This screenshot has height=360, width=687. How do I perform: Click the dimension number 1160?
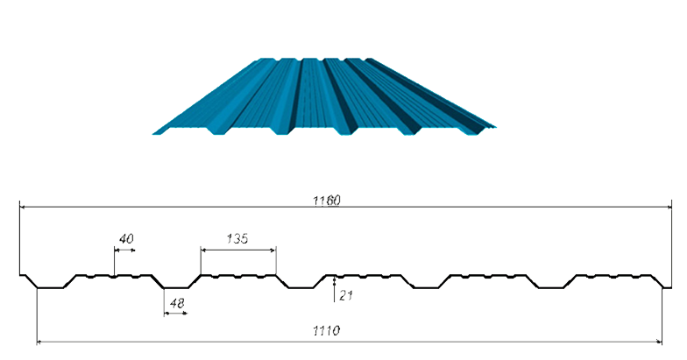coord(326,201)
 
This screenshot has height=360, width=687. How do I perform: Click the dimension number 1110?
coord(326,330)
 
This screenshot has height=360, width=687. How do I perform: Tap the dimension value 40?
coord(126,238)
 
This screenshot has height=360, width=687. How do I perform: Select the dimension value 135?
coord(237,238)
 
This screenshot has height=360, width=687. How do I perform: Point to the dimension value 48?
coord(177,303)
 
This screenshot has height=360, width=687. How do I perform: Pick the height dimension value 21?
coord(346,296)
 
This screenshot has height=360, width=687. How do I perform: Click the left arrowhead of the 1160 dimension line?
coord(23,207)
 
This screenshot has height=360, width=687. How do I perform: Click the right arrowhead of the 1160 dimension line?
coord(669,207)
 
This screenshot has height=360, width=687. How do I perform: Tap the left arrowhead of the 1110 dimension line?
coord(40,342)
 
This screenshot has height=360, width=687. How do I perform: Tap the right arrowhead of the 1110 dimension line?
coord(659,342)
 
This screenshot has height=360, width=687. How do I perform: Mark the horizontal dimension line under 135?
coord(238,251)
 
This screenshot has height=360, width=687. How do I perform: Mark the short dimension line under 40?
coord(124,251)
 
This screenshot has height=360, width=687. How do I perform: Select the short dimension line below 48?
coord(175,314)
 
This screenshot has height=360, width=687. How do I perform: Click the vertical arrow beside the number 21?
coord(335,289)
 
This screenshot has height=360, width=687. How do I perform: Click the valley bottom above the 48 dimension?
coord(176,287)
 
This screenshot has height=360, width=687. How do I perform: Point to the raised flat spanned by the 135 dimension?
coord(238,275)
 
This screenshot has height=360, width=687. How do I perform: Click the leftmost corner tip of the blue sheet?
coord(152,133)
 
